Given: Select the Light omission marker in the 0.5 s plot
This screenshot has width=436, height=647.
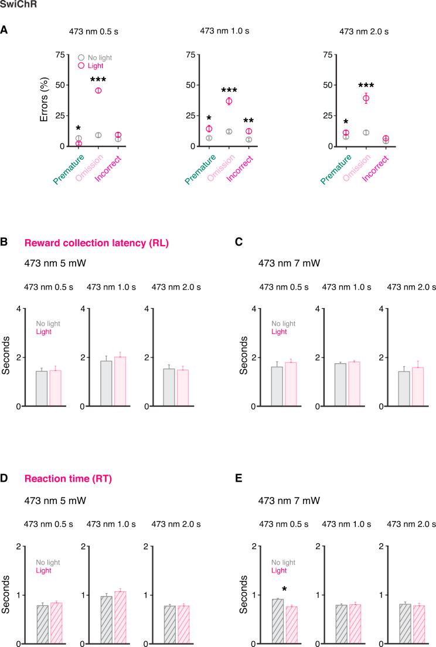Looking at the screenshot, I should click(x=98, y=90).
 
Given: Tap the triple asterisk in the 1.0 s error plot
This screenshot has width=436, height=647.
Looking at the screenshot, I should click(x=229, y=90).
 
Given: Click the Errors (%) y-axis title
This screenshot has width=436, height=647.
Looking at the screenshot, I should click(x=45, y=100).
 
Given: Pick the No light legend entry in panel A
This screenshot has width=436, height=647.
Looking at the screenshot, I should click(x=99, y=57).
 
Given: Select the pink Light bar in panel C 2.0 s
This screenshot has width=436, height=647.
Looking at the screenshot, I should click(x=417, y=387).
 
